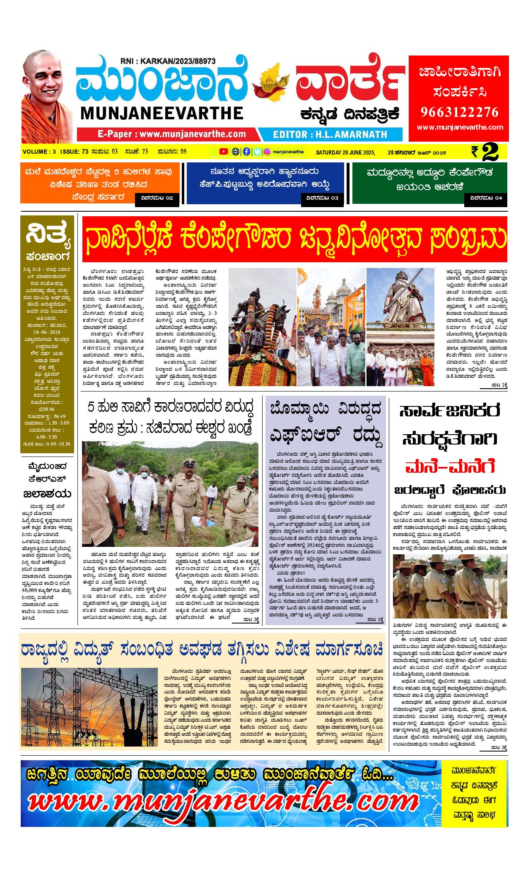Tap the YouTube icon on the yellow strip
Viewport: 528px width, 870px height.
[224, 152]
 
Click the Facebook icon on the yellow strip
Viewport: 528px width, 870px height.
[246, 152]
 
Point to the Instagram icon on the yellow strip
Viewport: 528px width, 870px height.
[268, 152]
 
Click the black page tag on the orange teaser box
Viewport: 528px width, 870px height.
[157, 198]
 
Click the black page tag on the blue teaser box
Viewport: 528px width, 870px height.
[321, 198]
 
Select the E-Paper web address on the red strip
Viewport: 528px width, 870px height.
[172, 134]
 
